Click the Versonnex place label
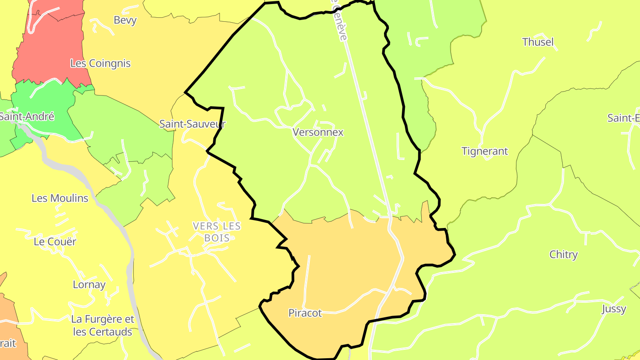point(318,132)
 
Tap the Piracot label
point(305,313)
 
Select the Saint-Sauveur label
point(192,124)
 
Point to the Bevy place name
point(125,20)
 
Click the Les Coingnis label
point(100,64)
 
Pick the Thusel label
point(538,42)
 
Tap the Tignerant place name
point(484,152)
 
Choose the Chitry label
point(564,255)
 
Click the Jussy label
point(614,309)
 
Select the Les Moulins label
point(60,198)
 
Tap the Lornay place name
point(89,285)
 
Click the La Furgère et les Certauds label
point(103,326)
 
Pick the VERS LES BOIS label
point(217,232)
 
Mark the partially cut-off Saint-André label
point(27,117)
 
